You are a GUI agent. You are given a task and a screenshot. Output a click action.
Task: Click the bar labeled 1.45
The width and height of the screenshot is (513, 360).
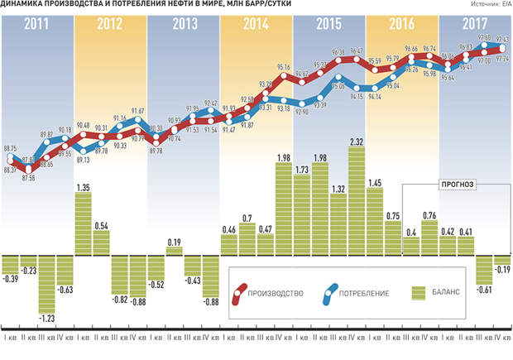[x=375, y=220]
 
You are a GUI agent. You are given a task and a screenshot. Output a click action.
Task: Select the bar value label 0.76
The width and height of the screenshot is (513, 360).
[x=429, y=216]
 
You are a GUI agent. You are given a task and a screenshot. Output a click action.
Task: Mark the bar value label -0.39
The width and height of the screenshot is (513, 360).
[x=10, y=279]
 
